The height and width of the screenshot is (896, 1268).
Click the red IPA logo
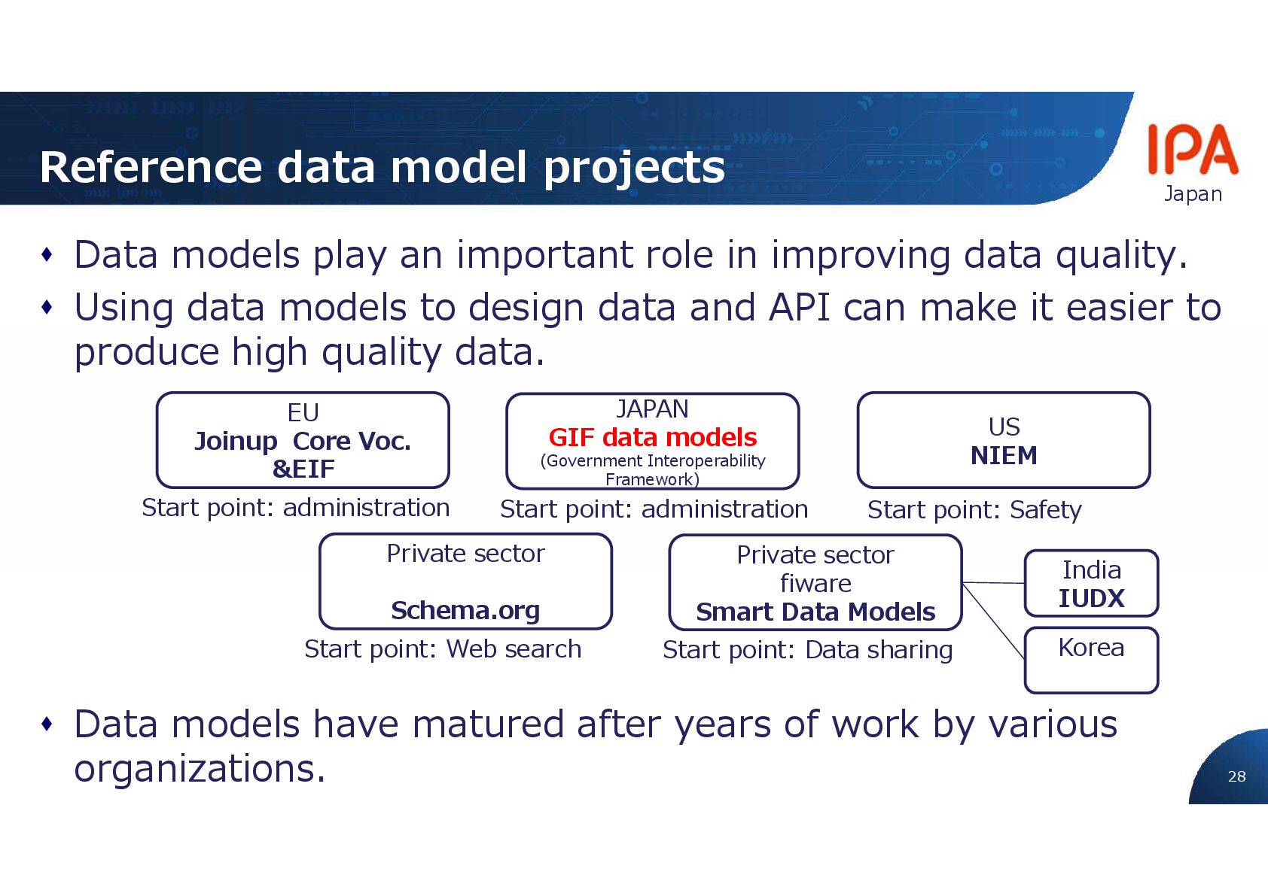[x=1192, y=150]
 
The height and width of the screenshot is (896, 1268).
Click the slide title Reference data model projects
[x=382, y=167]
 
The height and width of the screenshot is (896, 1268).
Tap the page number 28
[x=1236, y=776]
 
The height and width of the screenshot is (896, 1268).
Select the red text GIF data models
[x=652, y=437]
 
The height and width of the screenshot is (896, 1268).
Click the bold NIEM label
[x=1004, y=455]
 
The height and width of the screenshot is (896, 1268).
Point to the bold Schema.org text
[x=465, y=610]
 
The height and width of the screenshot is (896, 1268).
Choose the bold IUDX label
[x=1091, y=598]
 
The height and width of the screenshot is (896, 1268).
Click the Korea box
[x=1091, y=660]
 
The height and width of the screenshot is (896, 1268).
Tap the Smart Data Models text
[x=815, y=612]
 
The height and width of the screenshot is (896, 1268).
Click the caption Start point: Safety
[x=974, y=510]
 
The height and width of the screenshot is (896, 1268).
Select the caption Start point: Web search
[x=443, y=648]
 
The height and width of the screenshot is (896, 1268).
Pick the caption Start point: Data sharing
[x=807, y=649]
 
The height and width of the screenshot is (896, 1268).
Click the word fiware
[x=815, y=583]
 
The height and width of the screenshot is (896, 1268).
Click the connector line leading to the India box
[x=994, y=583]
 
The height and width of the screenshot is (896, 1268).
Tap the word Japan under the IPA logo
[x=1193, y=194]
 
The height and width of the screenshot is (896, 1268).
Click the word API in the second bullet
[x=799, y=308]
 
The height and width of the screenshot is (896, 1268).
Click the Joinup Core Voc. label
[x=303, y=441]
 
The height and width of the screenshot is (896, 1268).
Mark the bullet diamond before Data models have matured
[x=47, y=724]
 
